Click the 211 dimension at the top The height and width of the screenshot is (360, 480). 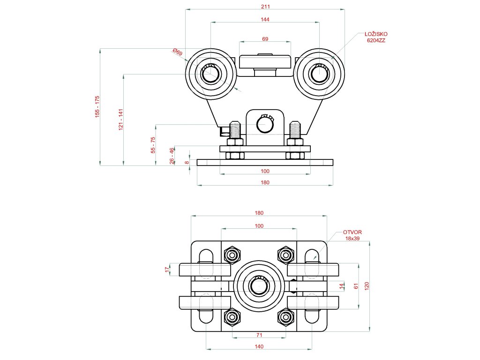[265, 6]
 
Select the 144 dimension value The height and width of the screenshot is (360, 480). [265, 19]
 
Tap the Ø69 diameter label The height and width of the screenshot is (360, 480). [177, 52]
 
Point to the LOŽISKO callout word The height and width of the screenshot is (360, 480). [376, 34]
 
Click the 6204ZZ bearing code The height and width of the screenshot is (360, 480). [376, 40]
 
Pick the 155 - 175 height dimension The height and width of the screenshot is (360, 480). [97, 106]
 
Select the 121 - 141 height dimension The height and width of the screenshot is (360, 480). [120, 119]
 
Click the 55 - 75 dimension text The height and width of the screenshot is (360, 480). [152, 145]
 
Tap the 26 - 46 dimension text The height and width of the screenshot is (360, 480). [172, 156]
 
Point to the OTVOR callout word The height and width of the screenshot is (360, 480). [352, 232]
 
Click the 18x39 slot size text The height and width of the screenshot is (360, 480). [352, 239]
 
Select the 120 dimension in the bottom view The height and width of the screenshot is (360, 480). [367, 286]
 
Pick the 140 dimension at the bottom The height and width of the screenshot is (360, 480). [259, 346]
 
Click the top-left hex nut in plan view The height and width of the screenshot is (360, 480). [232, 255]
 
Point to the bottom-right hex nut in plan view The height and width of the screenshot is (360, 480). [285, 318]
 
